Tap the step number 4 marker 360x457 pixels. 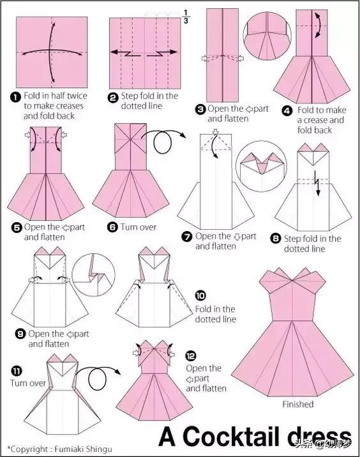[x=287, y=111]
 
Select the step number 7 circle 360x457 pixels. [x=187, y=237]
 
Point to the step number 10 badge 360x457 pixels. [x=200, y=296]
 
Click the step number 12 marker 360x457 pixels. [x=191, y=356]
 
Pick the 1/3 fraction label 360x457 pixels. [x=186, y=17]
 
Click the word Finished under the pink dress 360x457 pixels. [x=297, y=404]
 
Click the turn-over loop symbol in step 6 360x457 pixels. [x=162, y=143]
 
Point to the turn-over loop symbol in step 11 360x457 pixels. [x=97, y=378]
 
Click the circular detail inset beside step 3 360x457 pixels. [x=267, y=36]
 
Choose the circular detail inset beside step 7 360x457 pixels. [x=261, y=166]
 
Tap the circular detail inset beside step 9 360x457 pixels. [x=93, y=274]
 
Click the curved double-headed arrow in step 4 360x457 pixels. [x=320, y=25]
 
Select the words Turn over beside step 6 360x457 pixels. [x=139, y=227]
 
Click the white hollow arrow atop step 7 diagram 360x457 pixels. [x=215, y=132]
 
